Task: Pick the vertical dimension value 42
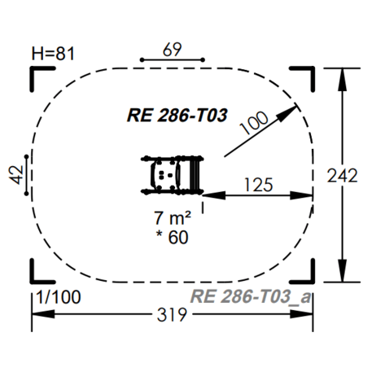[x=18, y=174]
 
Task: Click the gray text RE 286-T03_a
[x=249, y=297]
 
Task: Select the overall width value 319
[x=173, y=314]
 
